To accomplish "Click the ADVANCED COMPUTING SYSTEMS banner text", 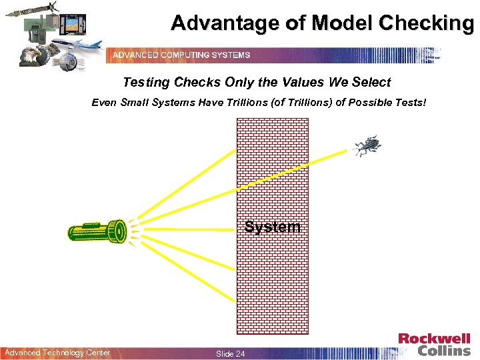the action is [x=181, y=55].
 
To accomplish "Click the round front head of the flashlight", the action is [x=119, y=231].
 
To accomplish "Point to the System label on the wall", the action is [x=272, y=227].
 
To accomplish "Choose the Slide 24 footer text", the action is [x=230, y=353].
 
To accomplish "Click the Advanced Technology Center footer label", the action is [x=57, y=353].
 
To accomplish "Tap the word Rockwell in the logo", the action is [x=434, y=339].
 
